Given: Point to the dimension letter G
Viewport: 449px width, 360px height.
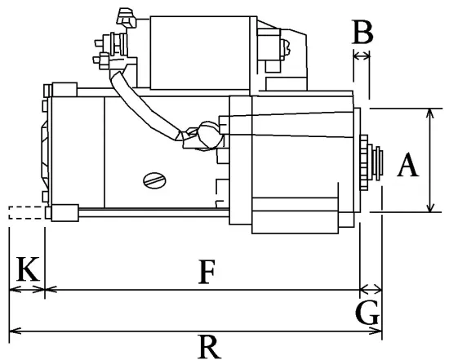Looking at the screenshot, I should coord(368,311).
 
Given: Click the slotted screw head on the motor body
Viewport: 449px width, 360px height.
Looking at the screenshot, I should coord(153,180).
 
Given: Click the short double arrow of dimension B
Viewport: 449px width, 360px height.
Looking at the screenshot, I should coord(362,56).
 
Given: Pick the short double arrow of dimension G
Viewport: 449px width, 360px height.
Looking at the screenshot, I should coord(371,289).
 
